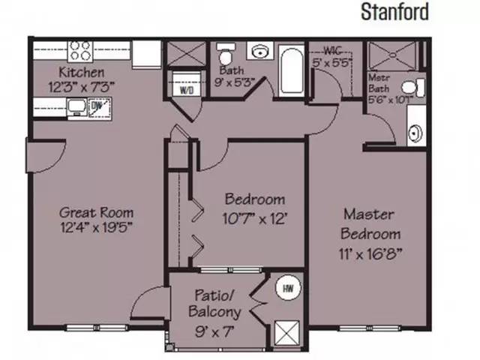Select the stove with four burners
tap(80, 51)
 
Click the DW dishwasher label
tap(96, 107)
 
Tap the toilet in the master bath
tap(416, 87)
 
